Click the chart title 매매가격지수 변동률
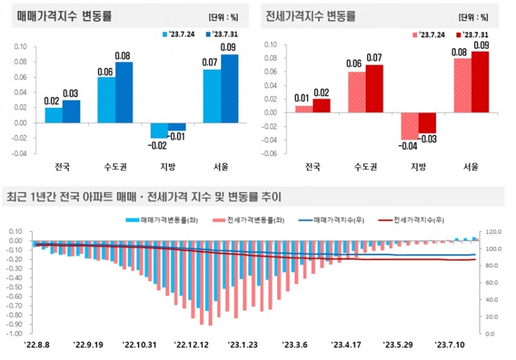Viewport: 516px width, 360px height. (x=57, y=17)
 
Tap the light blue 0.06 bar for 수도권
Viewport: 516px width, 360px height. (x=106, y=99)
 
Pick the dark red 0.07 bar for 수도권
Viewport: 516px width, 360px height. (x=374, y=88)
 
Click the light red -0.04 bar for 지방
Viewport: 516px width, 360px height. (x=410, y=126)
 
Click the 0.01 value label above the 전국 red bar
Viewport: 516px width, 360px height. (x=303, y=97)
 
